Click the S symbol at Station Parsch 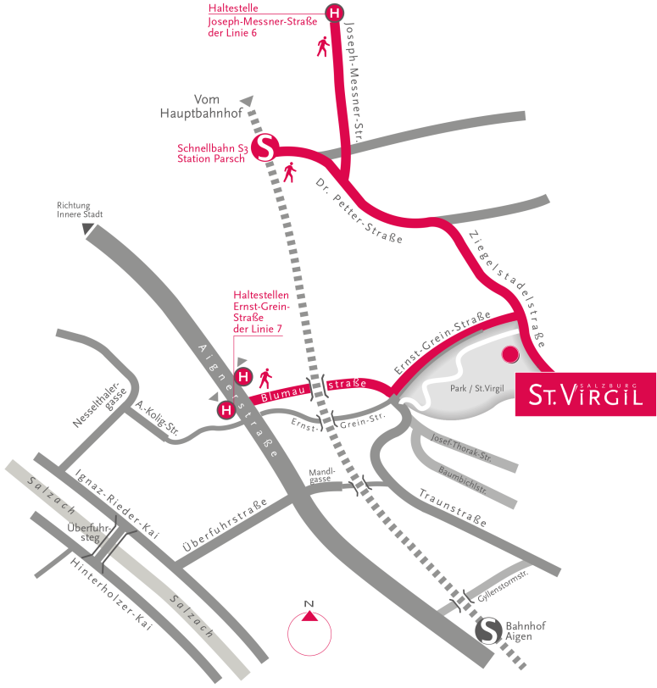click(x=265, y=148)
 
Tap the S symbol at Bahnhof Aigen click(x=488, y=630)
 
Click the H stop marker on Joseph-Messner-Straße click(x=336, y=13)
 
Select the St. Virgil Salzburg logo click(x=585, y=394)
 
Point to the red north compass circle click(x=309, y=632)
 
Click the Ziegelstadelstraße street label click(x=506, y=285)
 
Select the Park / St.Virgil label click(x=477, y=389)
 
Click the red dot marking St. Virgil click(x=509, y=354)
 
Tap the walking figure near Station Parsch click(x=291, y=173)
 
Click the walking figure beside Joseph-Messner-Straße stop click(x=323, y=47)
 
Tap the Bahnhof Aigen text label click(x=526, y=630)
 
